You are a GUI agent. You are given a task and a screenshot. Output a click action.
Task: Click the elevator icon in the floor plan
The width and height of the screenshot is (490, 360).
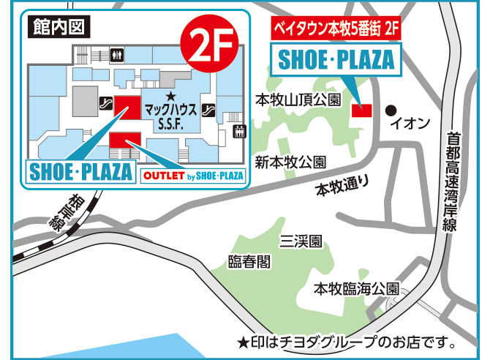238,131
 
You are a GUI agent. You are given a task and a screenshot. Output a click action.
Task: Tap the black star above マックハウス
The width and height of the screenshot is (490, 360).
170,96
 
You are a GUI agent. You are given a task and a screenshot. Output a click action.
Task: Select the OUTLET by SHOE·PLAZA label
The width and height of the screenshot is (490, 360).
193,176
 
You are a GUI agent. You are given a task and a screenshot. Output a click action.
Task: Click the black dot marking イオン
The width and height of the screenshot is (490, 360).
391,110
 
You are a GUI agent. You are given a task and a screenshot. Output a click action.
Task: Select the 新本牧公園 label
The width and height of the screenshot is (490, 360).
290,162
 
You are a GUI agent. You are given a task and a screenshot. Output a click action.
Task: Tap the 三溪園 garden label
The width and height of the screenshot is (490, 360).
301,241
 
